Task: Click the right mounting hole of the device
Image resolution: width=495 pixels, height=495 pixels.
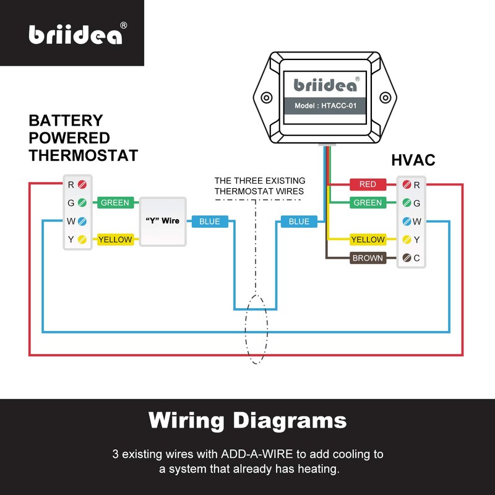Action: pos(384,98)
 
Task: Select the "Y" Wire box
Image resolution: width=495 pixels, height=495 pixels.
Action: pos(163,221)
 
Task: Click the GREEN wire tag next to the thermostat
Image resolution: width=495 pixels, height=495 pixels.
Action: pos(115,202)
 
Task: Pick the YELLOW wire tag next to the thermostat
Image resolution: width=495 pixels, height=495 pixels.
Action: pos(115,239)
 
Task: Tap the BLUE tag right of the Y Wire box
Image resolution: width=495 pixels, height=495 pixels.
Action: pos(210,222)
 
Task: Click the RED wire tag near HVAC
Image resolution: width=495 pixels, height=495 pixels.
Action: pos(368,184)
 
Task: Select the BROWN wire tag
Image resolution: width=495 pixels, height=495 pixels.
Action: pos(368,258)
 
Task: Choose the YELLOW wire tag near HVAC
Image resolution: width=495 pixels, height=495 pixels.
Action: pos(368,239)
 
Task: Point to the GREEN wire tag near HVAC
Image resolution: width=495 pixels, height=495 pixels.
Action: pos(368,202)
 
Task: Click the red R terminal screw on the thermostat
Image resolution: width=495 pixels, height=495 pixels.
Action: pos(82,184)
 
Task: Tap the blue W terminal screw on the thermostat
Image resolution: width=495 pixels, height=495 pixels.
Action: pos(82,221)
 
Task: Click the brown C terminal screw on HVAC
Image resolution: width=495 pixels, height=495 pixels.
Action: pos(407,258)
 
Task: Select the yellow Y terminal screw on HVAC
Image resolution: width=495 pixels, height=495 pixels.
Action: pos(407,239)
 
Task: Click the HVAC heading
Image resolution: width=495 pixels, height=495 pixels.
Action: pos(413,160)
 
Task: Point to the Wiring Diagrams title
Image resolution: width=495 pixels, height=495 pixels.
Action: pos(247,421)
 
